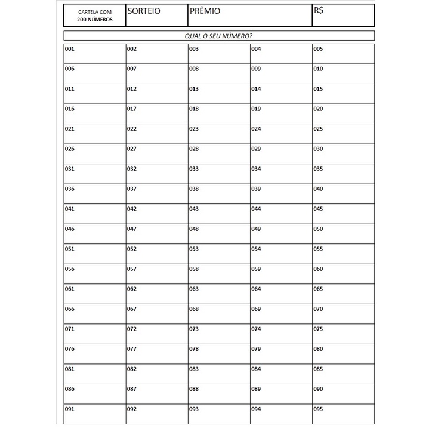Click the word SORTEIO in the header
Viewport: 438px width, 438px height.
[x=144, y=11]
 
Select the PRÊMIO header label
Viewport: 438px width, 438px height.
[x=205, y=11]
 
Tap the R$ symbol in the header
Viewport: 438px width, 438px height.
[x=319, y=11]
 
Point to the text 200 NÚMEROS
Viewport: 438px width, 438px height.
[x=94, y=20]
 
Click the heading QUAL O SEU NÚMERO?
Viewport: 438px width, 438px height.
[x=218, y=36]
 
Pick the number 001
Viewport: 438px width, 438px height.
[x=69, y=49]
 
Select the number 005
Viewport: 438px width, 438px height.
[x=318, y=49]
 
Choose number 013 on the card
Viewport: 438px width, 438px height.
[x=194, y=89]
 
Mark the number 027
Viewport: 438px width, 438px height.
[x=132, y=149]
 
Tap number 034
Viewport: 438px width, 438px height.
[x=256, y=169]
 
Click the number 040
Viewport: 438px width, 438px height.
[x=318, y=189]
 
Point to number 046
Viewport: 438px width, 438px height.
[x=70, y=229]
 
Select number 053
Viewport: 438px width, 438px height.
[x=194, y=249]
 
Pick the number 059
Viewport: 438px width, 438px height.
[x=256, y=269]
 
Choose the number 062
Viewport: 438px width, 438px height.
[x=132, y=289]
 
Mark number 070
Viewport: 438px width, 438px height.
[x=318, y=309]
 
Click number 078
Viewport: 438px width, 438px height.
[x=194, y=349]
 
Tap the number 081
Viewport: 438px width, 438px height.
[x=70, y=369]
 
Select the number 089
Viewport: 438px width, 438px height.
[x=256, y=389]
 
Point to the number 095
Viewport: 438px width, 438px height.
[x=318, y=409]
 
